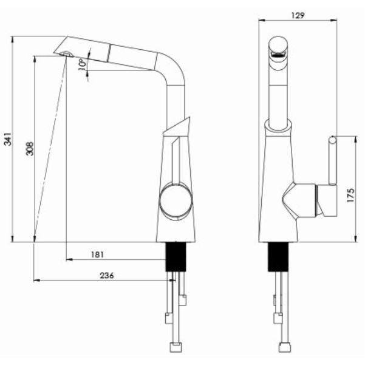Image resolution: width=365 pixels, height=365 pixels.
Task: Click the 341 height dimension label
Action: coord(8,138)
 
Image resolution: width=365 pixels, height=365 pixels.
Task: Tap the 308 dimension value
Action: coord(30,149)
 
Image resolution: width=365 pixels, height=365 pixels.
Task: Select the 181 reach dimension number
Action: coord(97,254)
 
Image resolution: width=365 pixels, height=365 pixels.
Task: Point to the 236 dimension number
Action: coord(107,276)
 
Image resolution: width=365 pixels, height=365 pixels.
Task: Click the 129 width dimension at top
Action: coord(298,15)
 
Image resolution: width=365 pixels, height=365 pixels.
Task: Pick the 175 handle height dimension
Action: coord(350,195)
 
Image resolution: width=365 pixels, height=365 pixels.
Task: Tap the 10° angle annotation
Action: coord(82,64)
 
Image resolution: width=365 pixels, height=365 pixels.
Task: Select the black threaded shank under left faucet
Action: coord(176,257)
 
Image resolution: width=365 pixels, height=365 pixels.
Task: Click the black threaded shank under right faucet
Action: coord(278,257)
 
